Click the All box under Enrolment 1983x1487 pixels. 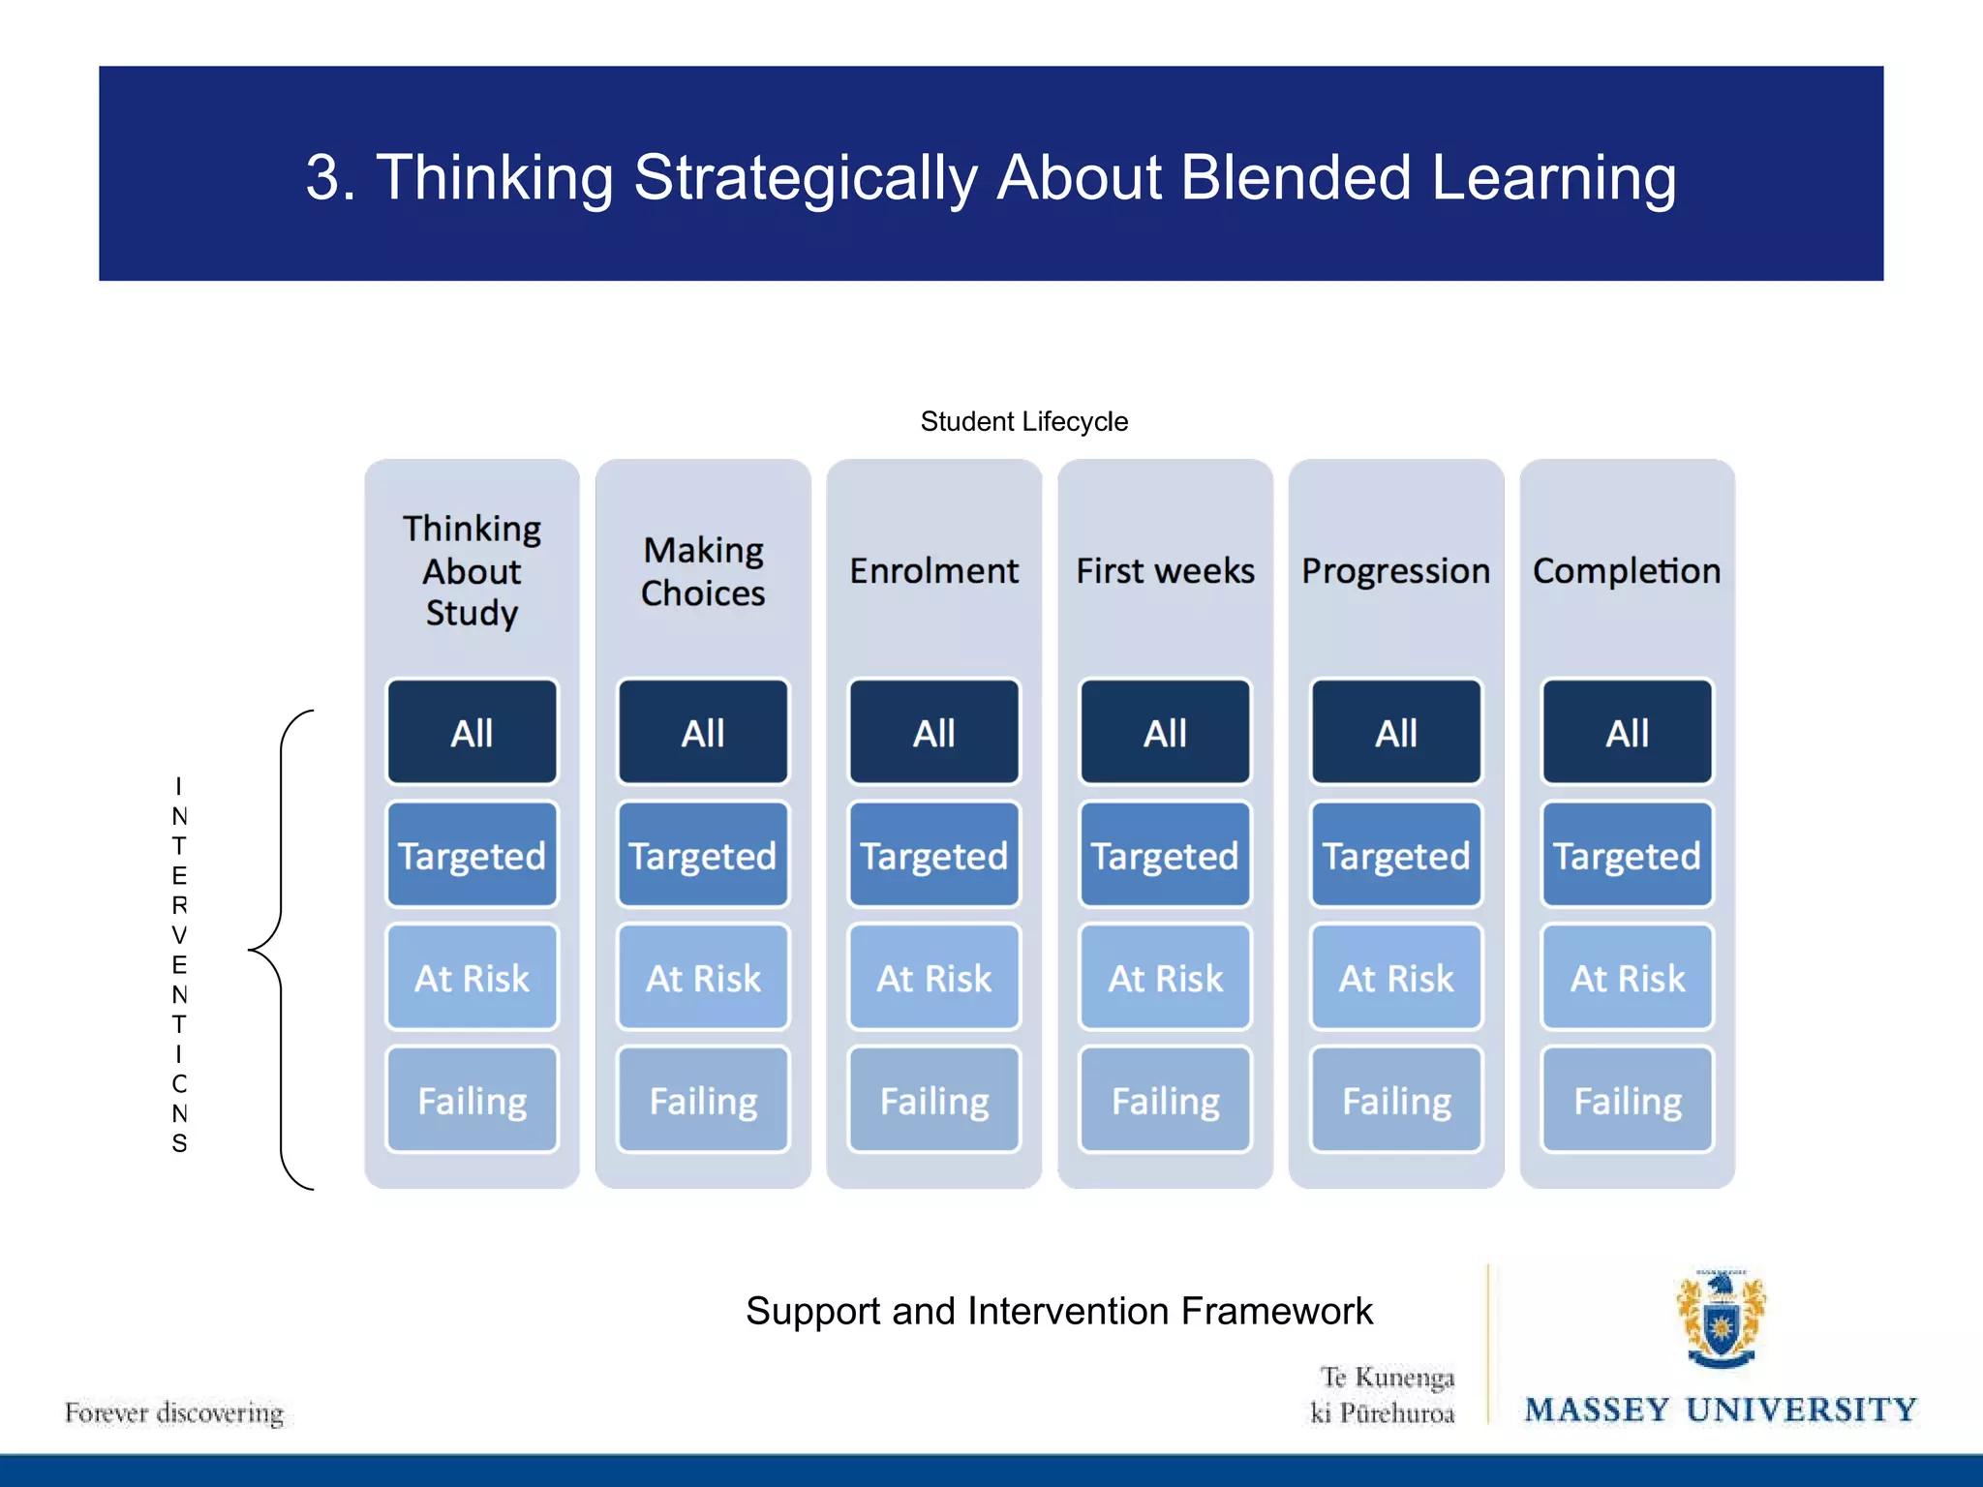(933, 732)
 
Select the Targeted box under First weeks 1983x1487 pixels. (1165, 855)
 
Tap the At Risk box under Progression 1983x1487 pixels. (1395, 978)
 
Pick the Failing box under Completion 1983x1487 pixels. (1627, 1101)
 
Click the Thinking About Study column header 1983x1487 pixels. (472, 570)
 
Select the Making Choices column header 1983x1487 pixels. (703, 571)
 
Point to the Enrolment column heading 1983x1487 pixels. (933, 570)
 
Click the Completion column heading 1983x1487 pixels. (1627, 570)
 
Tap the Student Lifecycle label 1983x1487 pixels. (1023, 421)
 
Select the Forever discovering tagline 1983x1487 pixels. (174, 1412)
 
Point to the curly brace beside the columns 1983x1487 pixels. (281, 950)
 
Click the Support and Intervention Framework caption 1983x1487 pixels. (1058, 1311)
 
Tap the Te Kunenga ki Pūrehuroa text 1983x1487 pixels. (1385, 1395)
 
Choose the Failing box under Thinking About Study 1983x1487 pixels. (472, 1101)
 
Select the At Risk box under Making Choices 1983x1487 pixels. (703, 978)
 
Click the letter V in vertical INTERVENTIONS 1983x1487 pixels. (179, 935)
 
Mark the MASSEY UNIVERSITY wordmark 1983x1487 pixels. (1721, 1410)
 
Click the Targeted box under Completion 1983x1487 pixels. (1627, 855)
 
